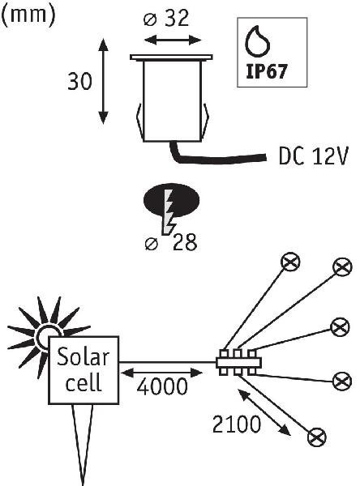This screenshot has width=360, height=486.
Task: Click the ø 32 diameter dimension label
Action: pos(166,19)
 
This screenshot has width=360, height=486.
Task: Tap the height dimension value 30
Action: pos(79,82)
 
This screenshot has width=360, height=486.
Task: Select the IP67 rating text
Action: pos(266,72)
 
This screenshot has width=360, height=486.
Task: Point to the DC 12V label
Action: pos(313,156)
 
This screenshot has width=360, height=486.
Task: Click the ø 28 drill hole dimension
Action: pos(171,242)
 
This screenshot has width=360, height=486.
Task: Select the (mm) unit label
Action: pos(28,15)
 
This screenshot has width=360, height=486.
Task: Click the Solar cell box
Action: pos(84,370)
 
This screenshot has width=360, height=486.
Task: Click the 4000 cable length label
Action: pos(162,386)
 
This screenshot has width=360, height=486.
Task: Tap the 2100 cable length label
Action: pos(237,424)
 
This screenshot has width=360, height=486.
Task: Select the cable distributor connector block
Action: pos(238,362)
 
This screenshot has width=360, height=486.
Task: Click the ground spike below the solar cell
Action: pos(83,444)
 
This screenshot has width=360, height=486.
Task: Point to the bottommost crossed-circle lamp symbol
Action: pos(316,437)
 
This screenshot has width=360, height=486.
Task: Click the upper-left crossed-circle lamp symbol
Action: pos(290,262)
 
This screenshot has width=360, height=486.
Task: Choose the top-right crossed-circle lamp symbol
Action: pos(342,266)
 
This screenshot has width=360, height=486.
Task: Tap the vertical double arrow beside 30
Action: pos(103,82)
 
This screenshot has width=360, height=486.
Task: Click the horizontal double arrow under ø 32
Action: pos(174,40)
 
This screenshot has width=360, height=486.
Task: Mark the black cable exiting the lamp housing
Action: pos(214,158)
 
